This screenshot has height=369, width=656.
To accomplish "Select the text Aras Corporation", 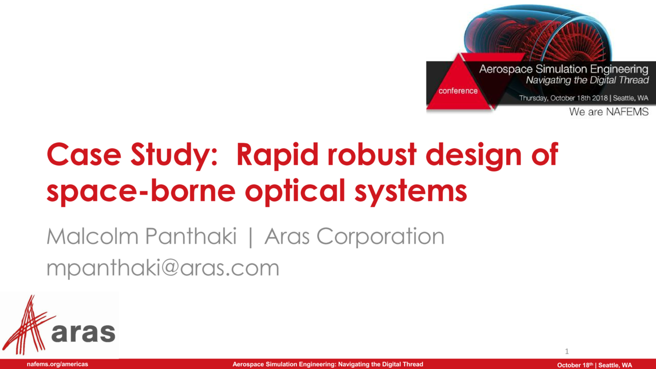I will pos(354,237).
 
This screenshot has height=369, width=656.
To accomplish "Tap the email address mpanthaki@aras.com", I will pos(163,268).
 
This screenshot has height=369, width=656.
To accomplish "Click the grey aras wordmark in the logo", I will pos(83,331).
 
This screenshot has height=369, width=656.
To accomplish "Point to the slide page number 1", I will pos(566,350).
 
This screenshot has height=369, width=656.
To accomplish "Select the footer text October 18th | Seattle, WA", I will pos(595,365).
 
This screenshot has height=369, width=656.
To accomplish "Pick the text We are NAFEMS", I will pos(608,112).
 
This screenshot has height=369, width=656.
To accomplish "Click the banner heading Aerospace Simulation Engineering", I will pos(564,69).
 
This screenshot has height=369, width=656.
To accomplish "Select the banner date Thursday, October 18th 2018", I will pos(563,98).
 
